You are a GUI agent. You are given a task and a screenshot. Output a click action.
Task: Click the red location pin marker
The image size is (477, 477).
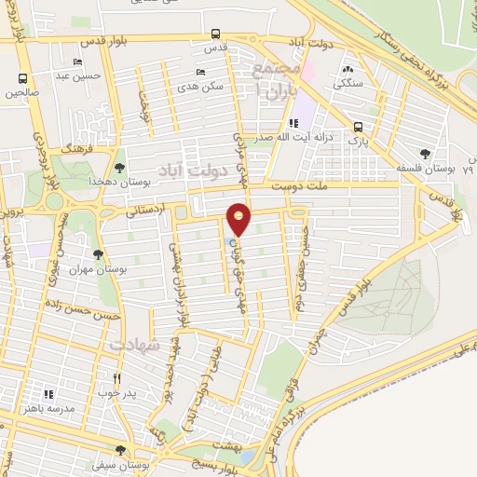point(239,219)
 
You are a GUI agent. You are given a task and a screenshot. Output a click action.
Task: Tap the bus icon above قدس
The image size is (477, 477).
point(215,33)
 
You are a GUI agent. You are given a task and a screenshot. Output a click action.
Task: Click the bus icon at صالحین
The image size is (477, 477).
point(22,78)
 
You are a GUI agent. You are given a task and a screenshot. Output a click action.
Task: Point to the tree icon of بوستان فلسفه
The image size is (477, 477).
point(426,154)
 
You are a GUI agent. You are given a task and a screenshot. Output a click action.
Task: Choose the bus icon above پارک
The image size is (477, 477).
point(358,128)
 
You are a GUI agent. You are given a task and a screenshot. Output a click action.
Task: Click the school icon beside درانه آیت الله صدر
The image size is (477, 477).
point(294,123)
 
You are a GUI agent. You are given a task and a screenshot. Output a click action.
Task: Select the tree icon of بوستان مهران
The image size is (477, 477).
point(98,253)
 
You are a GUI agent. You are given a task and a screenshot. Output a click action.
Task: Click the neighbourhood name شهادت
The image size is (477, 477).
point(135,345)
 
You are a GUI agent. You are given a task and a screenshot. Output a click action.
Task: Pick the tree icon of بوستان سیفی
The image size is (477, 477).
point(120,452)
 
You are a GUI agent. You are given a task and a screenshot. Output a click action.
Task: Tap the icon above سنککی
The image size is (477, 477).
point(348,68)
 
